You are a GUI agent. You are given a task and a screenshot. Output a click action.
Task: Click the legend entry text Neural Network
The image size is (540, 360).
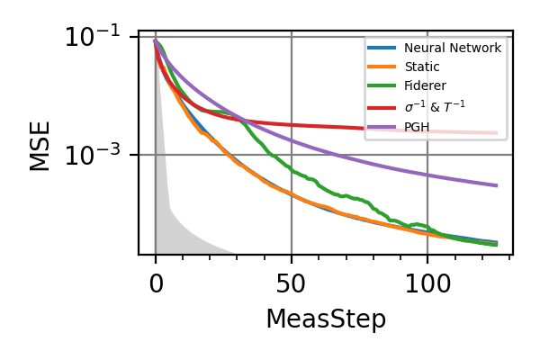(x=452, y=48)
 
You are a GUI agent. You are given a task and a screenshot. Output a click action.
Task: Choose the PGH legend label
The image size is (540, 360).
(x=416, y=127)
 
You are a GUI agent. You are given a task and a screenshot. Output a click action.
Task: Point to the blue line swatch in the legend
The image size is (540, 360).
(x=382, y=48)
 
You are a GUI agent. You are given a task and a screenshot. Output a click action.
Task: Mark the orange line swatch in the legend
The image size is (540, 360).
(x=382, y=67)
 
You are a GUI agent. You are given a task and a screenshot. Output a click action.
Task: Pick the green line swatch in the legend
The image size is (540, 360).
(x=382, y=87)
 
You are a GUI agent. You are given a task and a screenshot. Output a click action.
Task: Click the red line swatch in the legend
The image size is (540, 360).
(x=382, y=107)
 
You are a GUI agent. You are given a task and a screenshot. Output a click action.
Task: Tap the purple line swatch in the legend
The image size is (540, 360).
(x=382, y=127)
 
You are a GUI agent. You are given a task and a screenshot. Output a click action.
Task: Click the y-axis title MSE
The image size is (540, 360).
(x=40, y=146)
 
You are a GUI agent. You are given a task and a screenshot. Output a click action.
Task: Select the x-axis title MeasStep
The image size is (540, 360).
(x=326, y=319)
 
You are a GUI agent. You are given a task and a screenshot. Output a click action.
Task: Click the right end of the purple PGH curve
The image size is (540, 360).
(x=496, y=185)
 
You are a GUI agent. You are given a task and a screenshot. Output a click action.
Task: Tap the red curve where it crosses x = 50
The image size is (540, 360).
(x=292, y=125)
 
